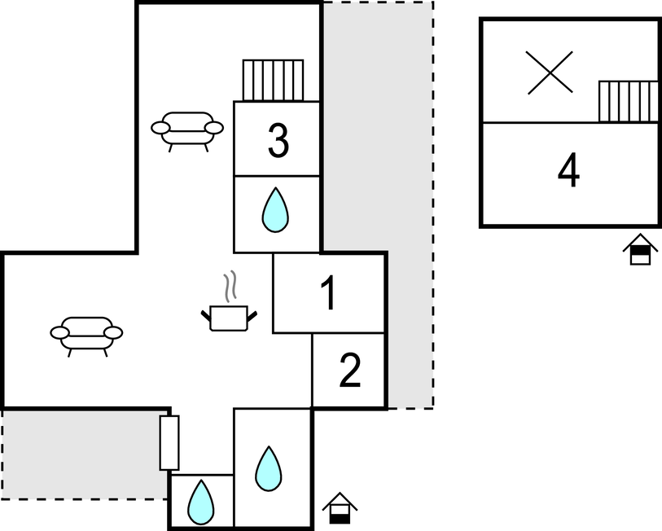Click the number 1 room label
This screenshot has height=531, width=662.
328,292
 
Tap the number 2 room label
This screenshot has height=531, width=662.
350,370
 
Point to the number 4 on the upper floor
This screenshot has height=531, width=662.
568,170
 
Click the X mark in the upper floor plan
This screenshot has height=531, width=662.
550,72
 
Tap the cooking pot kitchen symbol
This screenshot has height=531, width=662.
229,318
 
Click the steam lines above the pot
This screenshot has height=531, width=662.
230,287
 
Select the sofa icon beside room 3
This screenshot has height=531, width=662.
187,131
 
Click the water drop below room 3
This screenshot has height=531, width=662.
275,210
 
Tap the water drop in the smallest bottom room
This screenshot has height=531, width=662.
200,502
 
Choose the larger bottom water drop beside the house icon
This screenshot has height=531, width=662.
269,468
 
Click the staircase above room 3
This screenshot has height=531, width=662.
273,81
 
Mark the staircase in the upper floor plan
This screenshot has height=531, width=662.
629,101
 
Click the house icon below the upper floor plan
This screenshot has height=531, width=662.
640,249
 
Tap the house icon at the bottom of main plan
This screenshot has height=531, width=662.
340,508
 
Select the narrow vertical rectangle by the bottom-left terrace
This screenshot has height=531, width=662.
169,443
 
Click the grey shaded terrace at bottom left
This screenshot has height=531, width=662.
85,454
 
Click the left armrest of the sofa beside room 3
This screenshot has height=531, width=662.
160,128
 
